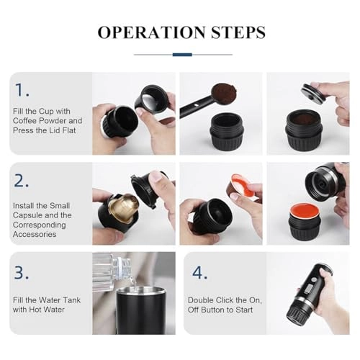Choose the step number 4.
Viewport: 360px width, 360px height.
point(199,272)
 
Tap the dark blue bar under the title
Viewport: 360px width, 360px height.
point(182,54)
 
